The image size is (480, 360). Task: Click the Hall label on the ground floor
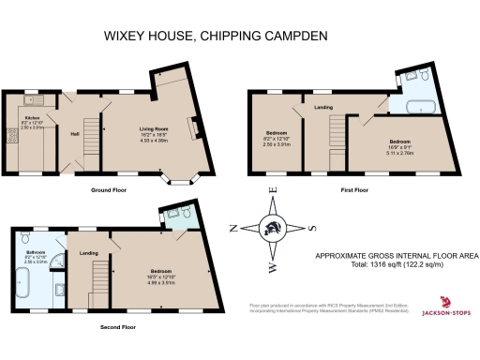[x=73, y=133]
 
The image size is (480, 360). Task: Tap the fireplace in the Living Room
[x=194, y=127]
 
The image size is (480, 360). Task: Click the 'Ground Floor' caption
[x=110, y=190]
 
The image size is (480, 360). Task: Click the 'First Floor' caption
[x=354, y=190]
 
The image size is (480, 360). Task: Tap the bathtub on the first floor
[x=416, y=105]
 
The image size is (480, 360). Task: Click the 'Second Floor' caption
[x=118, y=327]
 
